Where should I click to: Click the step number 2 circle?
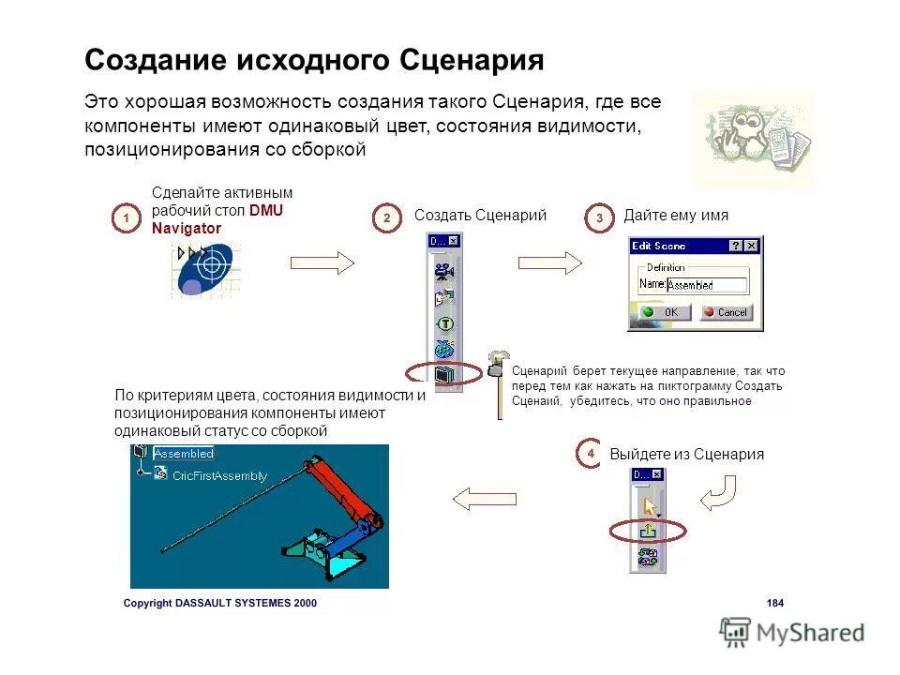386,218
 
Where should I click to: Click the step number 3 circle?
599,218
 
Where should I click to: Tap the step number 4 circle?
590,453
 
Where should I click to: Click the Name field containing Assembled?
706,285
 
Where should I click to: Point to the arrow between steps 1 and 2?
322,263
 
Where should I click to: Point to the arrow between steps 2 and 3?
549,263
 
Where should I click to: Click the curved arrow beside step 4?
719,491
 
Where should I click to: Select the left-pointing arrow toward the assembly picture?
485,500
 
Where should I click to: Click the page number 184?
774,603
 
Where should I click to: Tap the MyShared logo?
792,632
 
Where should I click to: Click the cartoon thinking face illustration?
751,139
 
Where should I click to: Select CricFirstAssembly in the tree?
219,475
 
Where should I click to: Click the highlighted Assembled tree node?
184,454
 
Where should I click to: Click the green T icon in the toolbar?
444,324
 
